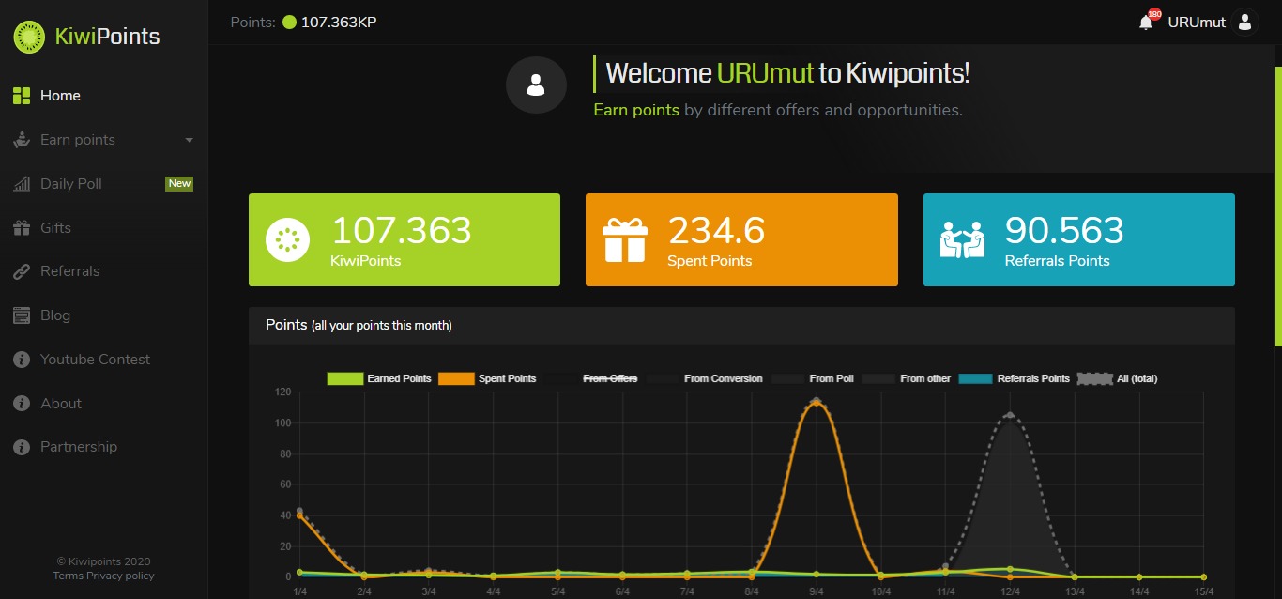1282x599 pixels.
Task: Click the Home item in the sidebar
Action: [60, 96]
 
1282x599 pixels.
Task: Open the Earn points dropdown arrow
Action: [189, 140]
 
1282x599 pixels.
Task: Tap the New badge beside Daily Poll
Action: [179, 183]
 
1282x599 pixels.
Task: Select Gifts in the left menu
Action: [55, 228]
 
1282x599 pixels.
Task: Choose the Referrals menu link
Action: [69, 271]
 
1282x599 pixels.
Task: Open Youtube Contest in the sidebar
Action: [95, 359]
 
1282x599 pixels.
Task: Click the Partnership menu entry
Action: [79, 447]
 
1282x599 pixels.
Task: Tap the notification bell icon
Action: [1145, 23]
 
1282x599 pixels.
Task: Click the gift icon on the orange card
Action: [625, 240]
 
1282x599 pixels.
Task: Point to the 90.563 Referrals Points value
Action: [1064, 230]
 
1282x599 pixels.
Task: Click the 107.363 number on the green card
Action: [401, 230]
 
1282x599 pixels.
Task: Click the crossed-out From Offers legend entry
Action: [609, 378]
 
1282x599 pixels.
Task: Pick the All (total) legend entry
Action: [1137, 378]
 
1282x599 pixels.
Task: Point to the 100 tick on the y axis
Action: [282, 423]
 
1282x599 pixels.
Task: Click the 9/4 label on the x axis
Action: [817, 591]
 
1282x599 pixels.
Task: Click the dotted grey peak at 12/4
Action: [1010, 415]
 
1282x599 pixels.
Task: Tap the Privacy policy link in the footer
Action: [120, 576]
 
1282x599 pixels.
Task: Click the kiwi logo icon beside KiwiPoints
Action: [29, 37]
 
